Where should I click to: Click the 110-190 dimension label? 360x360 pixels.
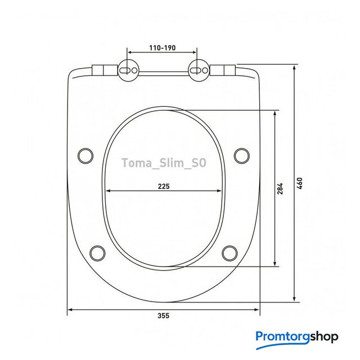(x=163, y=48)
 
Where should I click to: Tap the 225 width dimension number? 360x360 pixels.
(x=164, y=186)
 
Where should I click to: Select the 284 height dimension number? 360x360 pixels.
(x=280, y=188)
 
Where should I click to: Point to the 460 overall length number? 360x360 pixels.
(x=300, y=183)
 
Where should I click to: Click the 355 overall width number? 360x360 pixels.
(x=164, y=316)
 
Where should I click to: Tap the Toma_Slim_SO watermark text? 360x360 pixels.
(x=164, y=163)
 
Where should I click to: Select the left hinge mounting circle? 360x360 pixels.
(x=128, y=70)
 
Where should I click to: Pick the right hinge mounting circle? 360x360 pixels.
(x=199, y=70)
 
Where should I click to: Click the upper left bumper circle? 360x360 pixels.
(x=85, y=156)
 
